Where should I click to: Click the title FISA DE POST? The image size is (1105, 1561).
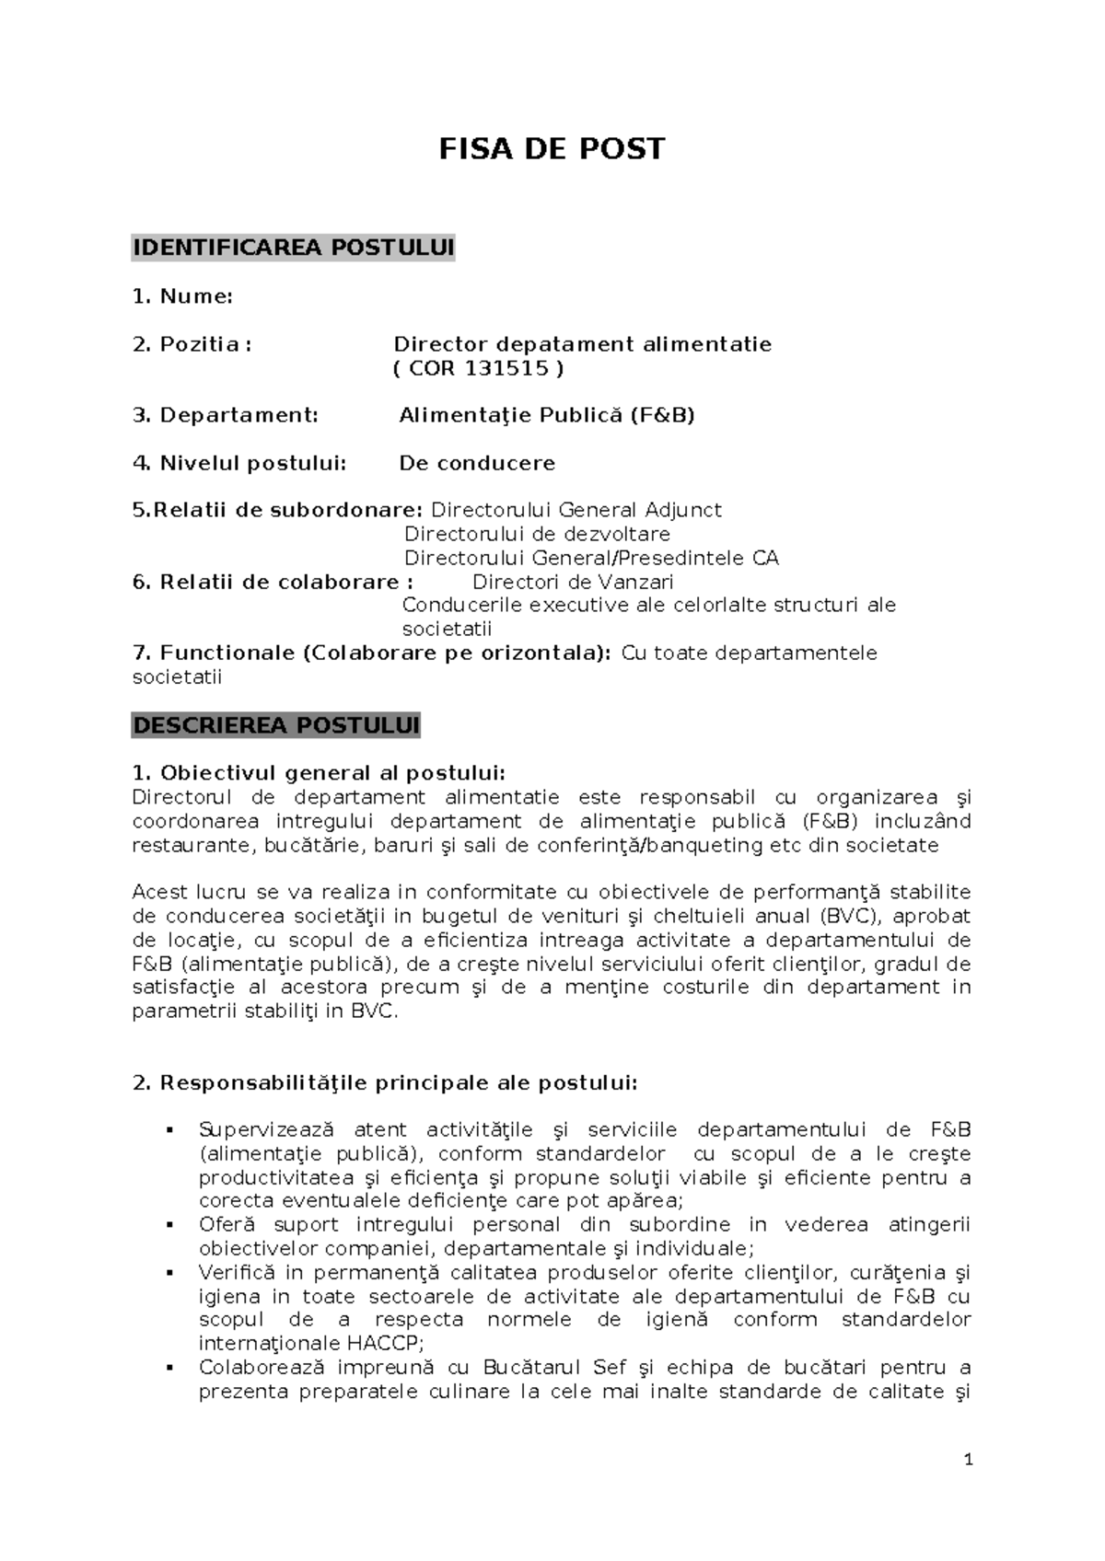click(x=551, y=149)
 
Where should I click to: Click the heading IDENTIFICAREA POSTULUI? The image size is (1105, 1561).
click(x=293, y=248)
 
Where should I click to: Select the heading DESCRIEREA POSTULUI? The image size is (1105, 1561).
click(x=275, y=725)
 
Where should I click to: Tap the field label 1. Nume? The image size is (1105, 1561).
click(x=182, y=296)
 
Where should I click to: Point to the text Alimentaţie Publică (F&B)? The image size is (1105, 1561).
click(x=546, y=415)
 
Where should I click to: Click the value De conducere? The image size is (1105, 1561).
click(x=476, y=463)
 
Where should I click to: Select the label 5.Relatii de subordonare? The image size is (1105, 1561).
click(x=278, y=510)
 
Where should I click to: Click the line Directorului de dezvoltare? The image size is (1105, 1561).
click(x=537, y=534)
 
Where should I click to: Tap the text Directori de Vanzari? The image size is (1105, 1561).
click(x=572, y=582)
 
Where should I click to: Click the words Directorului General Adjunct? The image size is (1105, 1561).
click(x=576, y=510)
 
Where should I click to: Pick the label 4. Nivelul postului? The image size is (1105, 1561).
click(x=239, y=463)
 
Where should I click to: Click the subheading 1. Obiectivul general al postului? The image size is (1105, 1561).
click(x=319, y=773)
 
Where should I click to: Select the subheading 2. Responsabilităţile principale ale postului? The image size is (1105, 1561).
click(x=385, y=1082)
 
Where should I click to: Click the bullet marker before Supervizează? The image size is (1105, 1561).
click(x=169, y=1130)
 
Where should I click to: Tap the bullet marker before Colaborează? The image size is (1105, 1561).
click(x=169, y=1368)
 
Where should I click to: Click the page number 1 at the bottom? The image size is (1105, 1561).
click(x=968, y=1460)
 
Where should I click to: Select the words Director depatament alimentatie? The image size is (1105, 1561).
click(x=582, y=344)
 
